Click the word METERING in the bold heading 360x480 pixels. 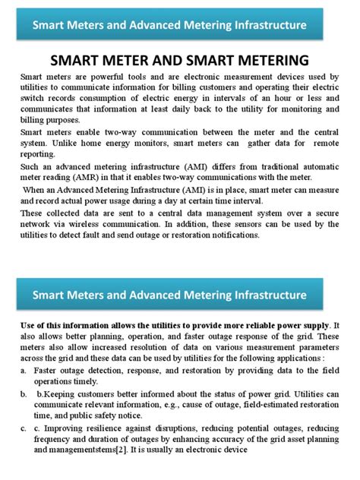pos(267,60)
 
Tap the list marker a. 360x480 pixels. pos(24,368)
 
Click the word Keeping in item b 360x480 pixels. pos(68,395)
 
